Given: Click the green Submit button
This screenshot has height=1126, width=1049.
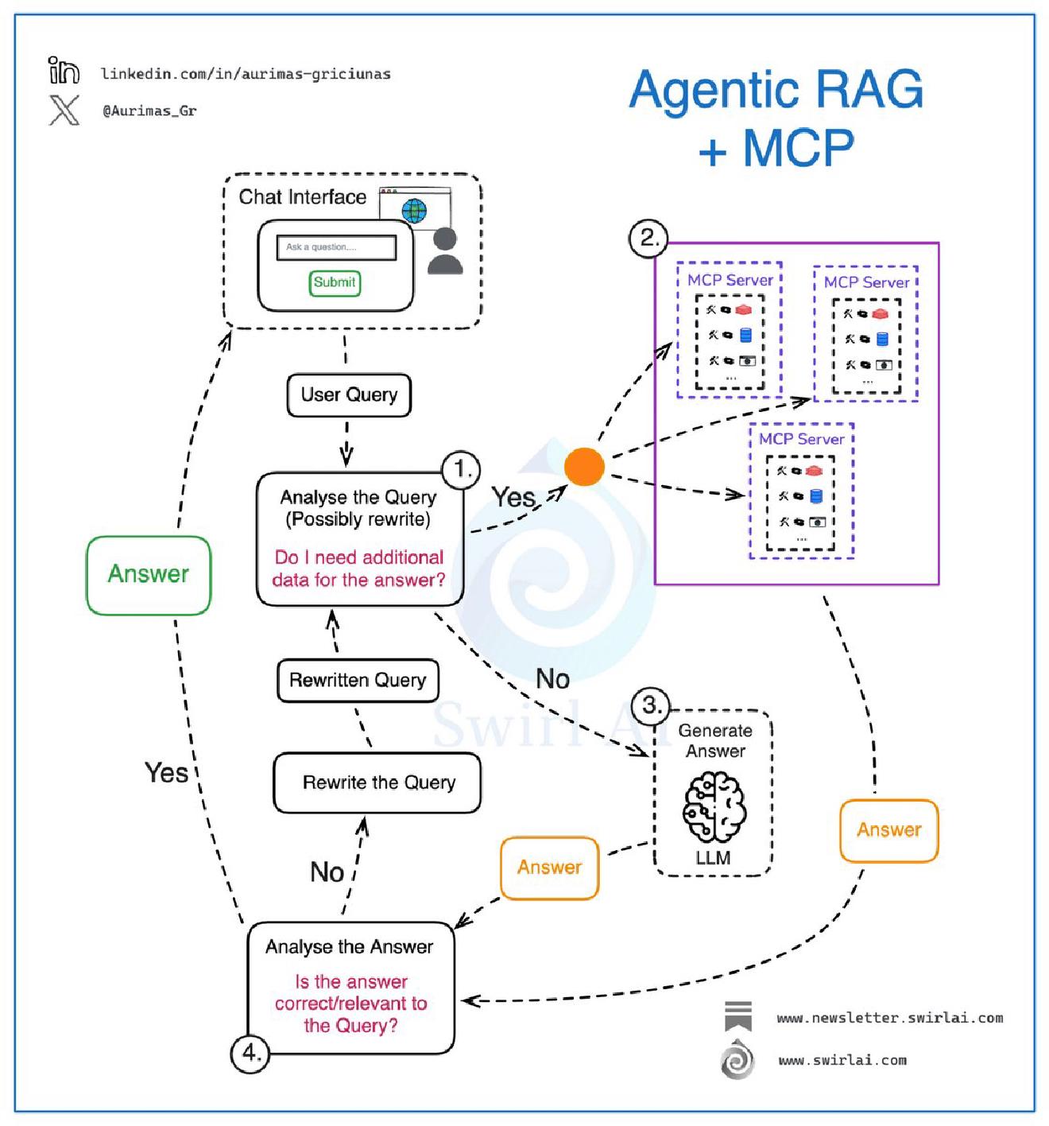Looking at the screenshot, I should click(x=335, y=282).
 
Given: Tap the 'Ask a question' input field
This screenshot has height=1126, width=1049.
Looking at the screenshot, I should click(x=336, y=247).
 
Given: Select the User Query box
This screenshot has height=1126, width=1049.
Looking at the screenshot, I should click(x=349, y=395).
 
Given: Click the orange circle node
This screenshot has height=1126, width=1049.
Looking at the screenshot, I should click(x=584, y=467).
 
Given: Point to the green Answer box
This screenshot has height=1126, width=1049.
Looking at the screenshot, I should click(x=149, y=575).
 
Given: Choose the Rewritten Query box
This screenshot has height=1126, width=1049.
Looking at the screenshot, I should click(x=358, y=681).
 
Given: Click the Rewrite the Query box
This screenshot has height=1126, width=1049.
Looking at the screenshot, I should click(x=377, y=782).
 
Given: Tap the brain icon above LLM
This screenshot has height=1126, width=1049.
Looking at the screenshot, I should click(x=714, y=808).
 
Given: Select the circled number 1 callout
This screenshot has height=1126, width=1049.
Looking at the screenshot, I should click(x=461, y=470).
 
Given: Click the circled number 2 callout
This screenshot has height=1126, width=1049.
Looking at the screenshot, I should click(x=648, y=238).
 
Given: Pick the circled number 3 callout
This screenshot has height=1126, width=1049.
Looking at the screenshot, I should click(x=651, y=705).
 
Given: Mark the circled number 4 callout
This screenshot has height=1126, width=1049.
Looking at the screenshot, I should click(x=250, y=1053).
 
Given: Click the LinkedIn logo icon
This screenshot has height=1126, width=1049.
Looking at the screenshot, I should click(x=64, y=71).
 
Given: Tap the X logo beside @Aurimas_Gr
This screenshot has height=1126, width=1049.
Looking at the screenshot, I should click(x=64, y=110).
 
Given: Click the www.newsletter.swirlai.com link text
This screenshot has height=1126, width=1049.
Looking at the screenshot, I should click(x=889, y=1018).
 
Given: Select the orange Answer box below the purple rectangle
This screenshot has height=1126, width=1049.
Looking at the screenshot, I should click(x=889, y=830).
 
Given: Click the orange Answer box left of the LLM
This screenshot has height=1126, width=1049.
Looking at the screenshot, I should click(x=549, y=868).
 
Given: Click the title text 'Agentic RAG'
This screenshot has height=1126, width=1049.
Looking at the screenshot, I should click(x=776, y=89).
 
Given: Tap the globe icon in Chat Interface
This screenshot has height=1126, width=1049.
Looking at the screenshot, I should click(x=414, y=212).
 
